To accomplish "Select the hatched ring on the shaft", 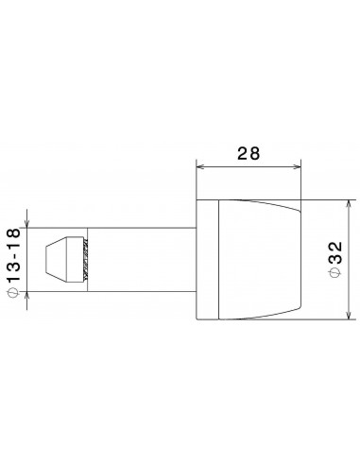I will coord(87,257).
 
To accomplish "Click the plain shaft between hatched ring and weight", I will coord(142,257).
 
